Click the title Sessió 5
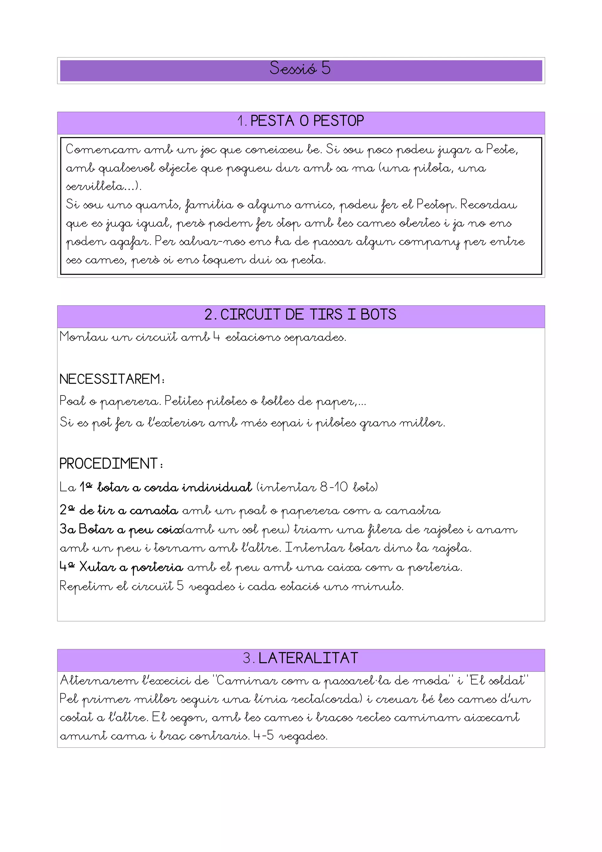pyautogui.click(x=300, y=68)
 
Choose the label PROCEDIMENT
pyautogui.click(x=109, y=464)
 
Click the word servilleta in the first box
pyautogui.click(x=95, y=186)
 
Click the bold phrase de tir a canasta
pyautogui.click(x=129, y=511)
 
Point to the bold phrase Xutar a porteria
pyautogui.click(x=131, y=567)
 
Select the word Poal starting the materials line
pyautogui.click(x=72, y=401)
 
